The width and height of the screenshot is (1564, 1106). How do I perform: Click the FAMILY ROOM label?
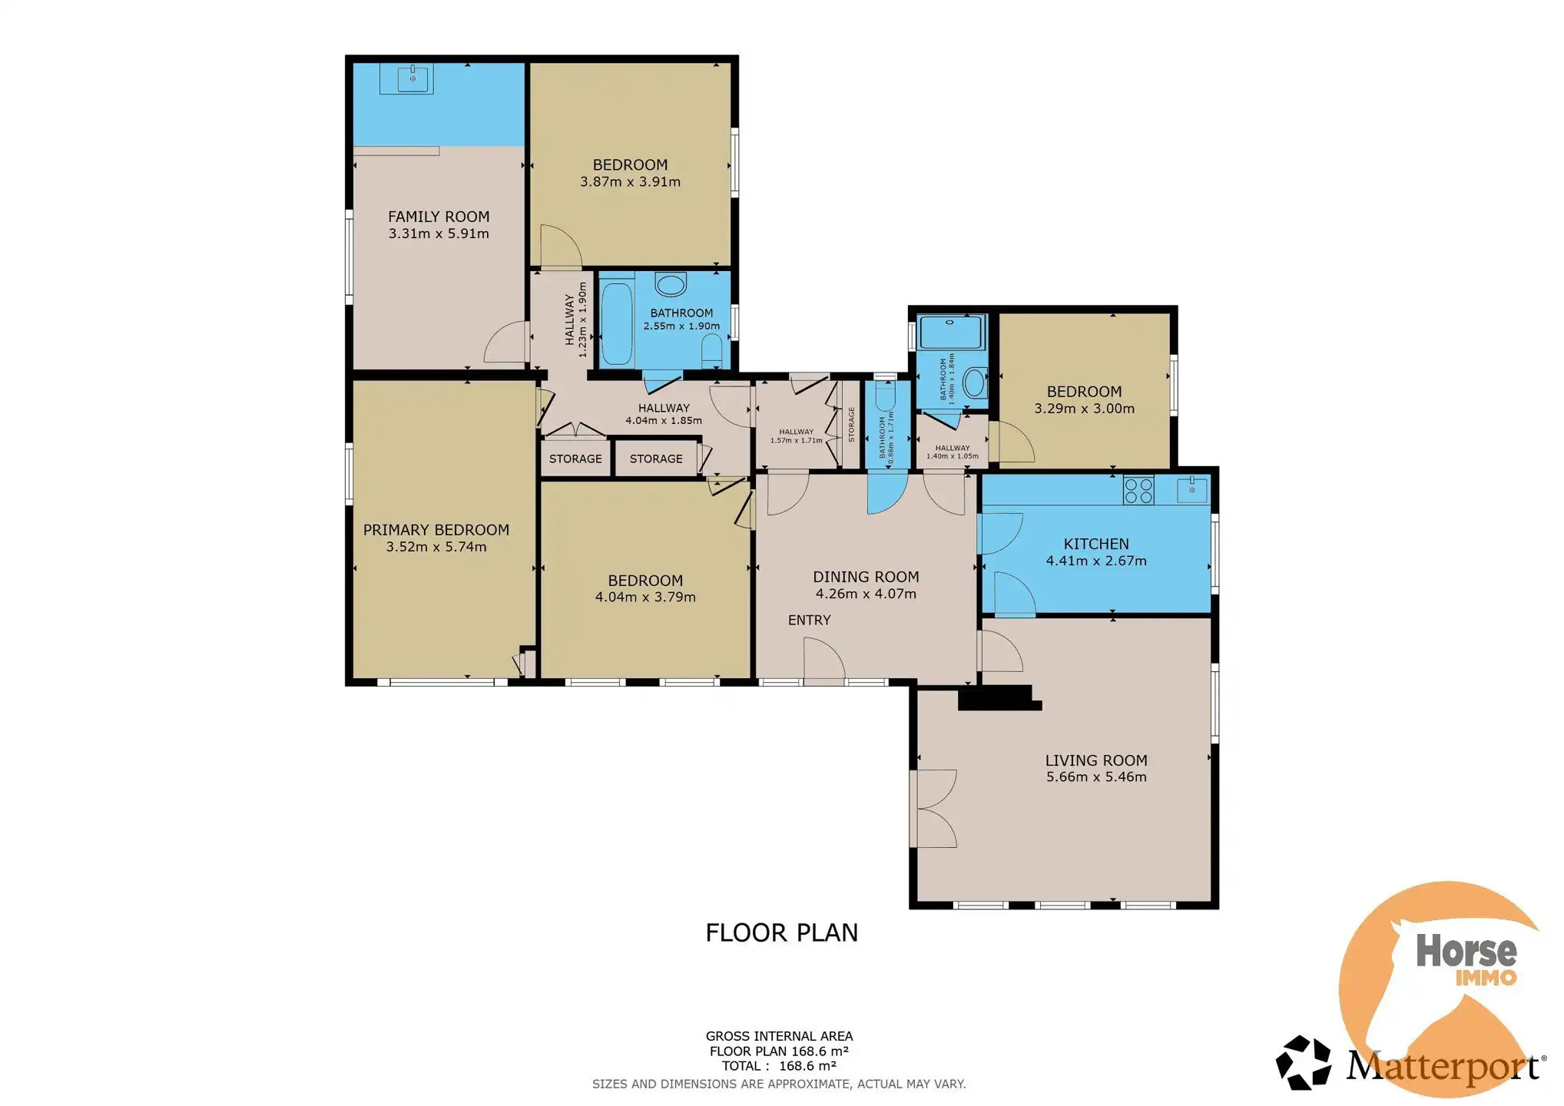[439, 217]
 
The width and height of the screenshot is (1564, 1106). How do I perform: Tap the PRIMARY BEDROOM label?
[436, 530]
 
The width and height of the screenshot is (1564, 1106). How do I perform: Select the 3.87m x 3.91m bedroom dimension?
[630, 182]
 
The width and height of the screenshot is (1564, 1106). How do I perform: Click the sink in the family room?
[413, 78]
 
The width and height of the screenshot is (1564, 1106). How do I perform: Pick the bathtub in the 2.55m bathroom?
[616, 323]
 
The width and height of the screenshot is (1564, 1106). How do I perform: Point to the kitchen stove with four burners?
[1138, 491]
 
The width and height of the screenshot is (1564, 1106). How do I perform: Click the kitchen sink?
[1192, 490]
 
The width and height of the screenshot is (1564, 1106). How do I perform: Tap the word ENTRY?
[810, 621]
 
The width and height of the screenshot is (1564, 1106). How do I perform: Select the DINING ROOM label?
[866, 577]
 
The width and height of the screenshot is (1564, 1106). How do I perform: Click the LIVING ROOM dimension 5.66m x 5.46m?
[1096, 777]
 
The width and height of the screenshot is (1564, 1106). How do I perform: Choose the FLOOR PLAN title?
[781, 932]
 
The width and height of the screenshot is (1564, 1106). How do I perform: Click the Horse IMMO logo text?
[1466, 959]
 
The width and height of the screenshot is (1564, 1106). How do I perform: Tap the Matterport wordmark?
[1443, 1068]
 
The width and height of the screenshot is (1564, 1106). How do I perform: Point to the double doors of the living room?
[933, 809]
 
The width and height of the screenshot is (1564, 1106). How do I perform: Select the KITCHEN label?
[1096, 545]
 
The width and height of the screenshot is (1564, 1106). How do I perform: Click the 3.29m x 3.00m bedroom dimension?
[1084, 409]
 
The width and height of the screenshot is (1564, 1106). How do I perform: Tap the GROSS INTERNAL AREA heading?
[779, 1036]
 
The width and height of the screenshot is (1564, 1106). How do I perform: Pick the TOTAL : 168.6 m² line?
[779, 1066]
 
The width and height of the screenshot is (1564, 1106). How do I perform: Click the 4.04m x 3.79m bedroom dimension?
[645, 598]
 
